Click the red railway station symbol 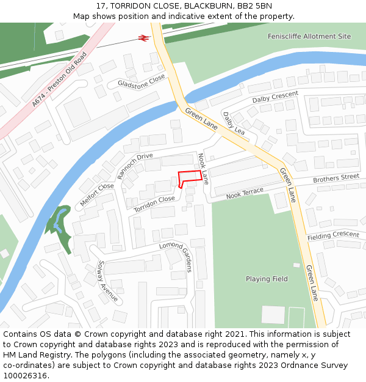144,38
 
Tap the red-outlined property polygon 189,178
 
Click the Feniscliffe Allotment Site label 309,37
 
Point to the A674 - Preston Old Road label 60,79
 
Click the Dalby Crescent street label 275,97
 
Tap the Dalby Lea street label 233,123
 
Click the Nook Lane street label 204,169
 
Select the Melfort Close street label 97,194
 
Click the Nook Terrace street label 245,193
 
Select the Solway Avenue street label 107,282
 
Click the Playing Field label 267,279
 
